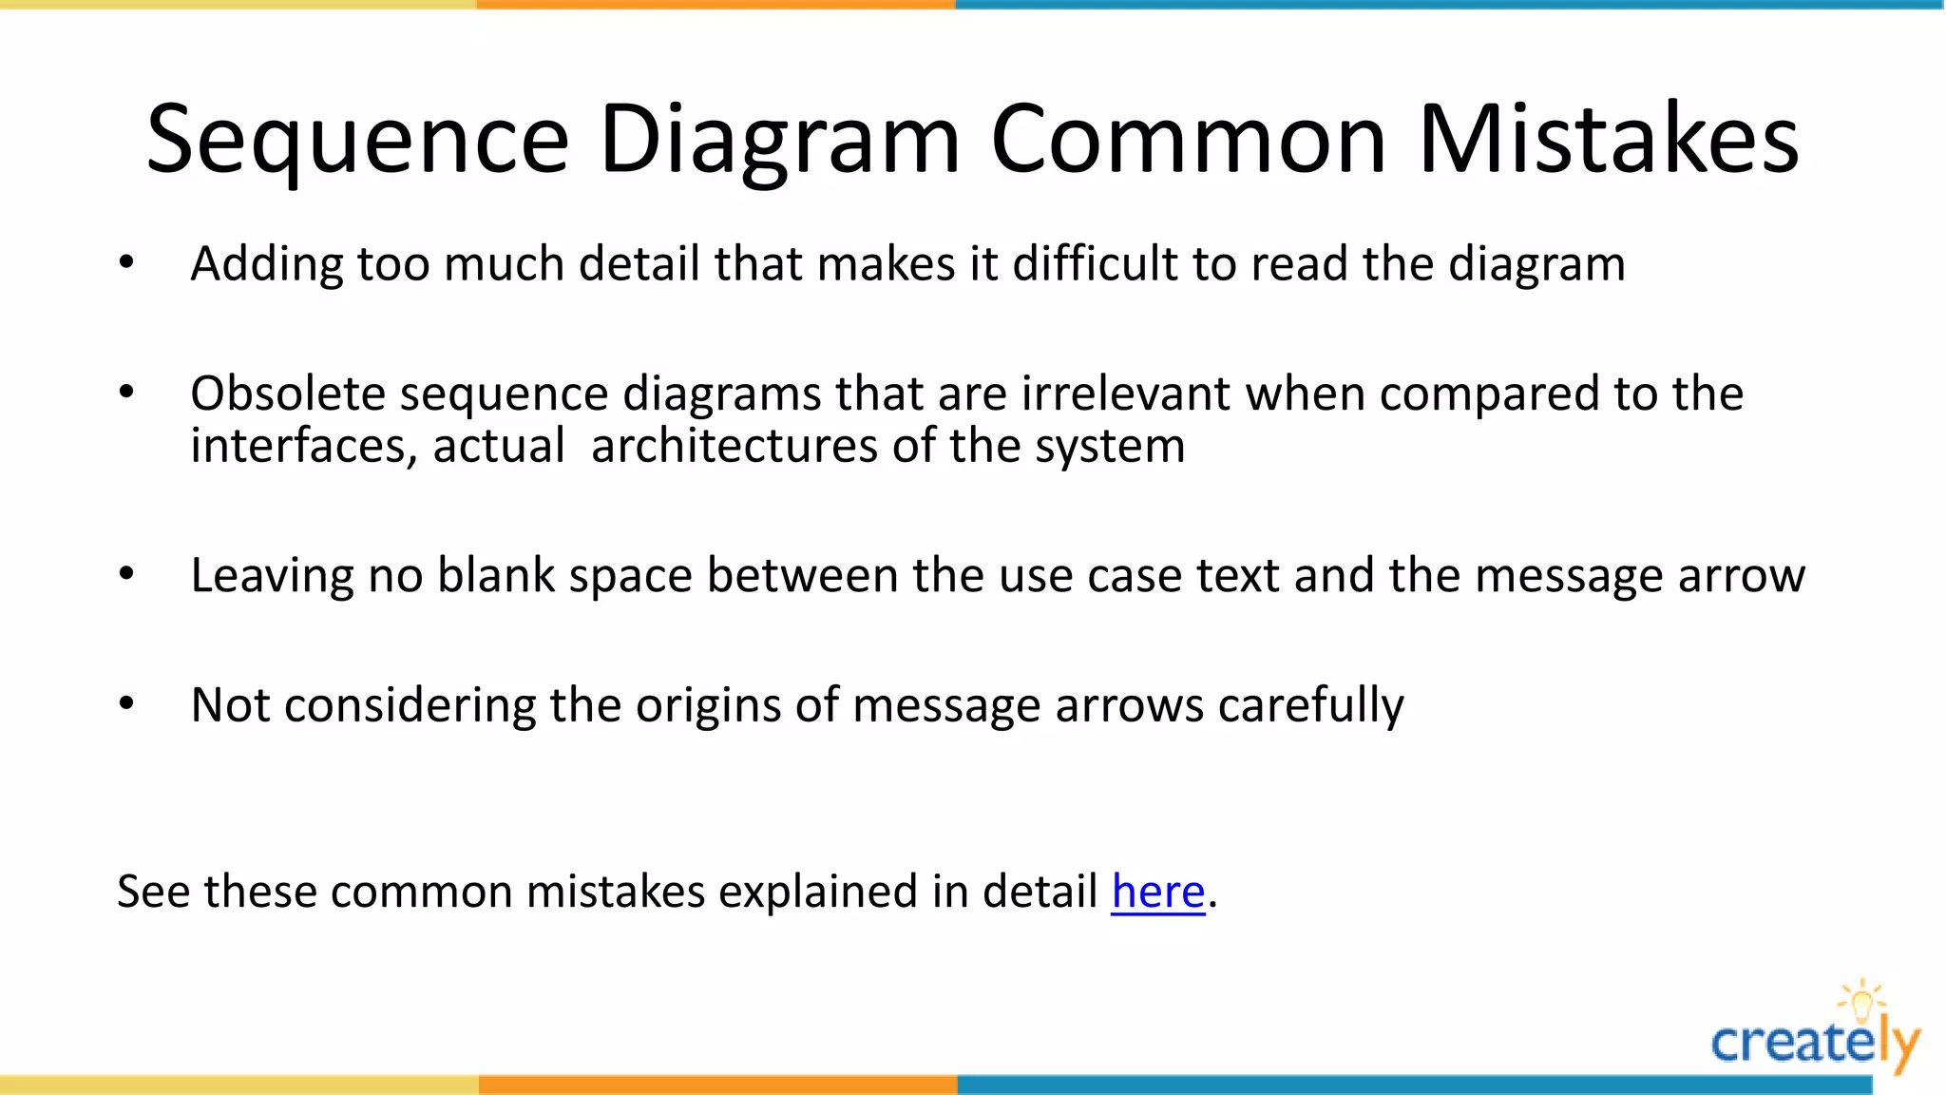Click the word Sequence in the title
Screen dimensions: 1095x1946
point(357,141)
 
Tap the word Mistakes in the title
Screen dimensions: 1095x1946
point(1608,141)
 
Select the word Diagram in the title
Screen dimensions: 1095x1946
point(779,141)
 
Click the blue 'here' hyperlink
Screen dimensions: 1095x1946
point(1157,892)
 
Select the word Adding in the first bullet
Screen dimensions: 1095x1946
point(266,264)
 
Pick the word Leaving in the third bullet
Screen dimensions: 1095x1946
point(272,576)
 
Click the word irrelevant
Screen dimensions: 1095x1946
point(1126,394)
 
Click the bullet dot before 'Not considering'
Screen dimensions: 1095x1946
point(126,703)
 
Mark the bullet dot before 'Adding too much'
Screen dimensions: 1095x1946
point(126,262)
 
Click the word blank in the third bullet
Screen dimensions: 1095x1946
point(496,576)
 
